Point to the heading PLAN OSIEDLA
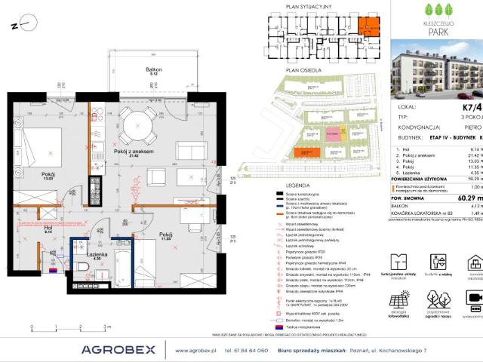point(300,69)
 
